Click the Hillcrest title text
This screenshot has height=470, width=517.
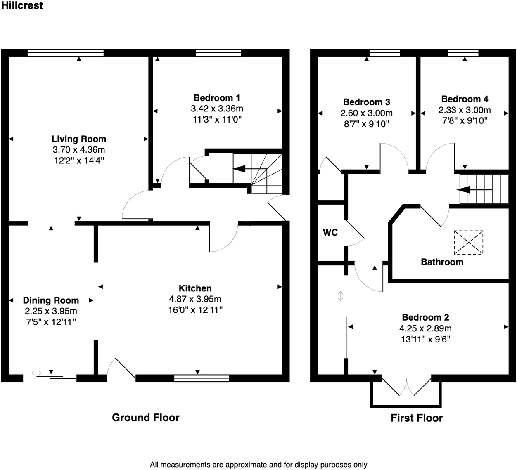click(22, 6)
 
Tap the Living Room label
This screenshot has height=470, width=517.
click(79, 139)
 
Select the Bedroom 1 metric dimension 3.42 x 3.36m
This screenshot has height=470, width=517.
click(217, 109)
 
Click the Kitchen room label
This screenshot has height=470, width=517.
click(195, 288)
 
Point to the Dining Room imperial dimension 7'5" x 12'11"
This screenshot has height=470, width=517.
click(51, 322)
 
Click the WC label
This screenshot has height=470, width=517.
click(330, 233)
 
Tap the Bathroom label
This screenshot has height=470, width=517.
click(442, 262)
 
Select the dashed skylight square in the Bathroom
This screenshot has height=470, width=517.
click(468, 242)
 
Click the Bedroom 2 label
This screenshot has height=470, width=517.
click(425, 317)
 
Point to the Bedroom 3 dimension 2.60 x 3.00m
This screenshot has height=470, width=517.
click(366, 113)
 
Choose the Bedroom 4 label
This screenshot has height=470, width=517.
click(465, 99)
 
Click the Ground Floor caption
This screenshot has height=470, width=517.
click(146, 418)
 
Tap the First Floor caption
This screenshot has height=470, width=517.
click(417, 418)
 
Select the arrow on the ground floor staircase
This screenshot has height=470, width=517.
click(244, 169)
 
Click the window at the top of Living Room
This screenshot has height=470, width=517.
click(65, 52)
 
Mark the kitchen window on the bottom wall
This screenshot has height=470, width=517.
click(202, 378)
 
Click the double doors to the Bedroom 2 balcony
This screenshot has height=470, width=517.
click(407, 387)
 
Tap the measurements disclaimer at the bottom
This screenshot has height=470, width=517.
click(258, 465)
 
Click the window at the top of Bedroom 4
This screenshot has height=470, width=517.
click(463, 52)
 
